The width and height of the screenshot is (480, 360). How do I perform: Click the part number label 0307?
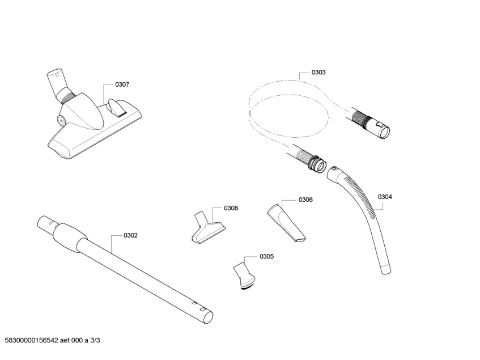122,84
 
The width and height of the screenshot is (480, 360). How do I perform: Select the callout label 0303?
318,73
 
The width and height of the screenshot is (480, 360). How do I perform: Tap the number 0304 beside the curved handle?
385,197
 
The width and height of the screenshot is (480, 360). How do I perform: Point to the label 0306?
305,200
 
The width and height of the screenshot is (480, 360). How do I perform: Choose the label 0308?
231,208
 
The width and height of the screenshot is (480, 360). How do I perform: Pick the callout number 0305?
266,256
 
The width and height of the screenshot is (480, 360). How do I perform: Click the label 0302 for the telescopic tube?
130,235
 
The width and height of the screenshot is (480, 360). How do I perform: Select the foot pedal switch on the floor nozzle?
117,106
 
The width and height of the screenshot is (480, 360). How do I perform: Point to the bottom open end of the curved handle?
386,269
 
